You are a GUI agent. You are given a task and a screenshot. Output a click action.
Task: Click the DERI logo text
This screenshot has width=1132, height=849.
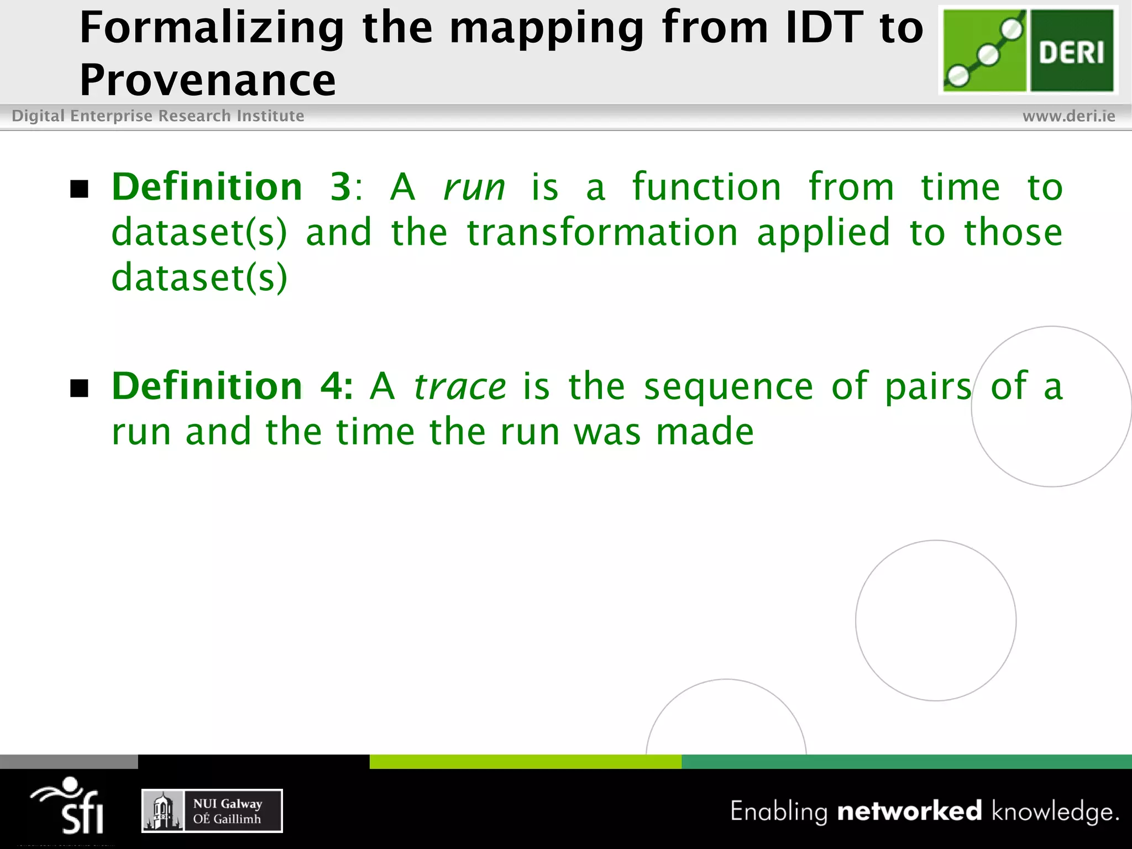coord(1071,53)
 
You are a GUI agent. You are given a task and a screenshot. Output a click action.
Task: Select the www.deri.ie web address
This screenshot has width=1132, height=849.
coord(1068,116)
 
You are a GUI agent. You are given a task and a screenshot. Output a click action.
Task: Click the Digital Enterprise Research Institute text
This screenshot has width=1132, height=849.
coord(158,116)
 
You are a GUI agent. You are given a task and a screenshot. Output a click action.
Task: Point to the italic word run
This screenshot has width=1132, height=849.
coord(474,187)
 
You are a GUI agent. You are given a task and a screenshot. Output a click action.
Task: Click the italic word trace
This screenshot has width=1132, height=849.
coord(459,386)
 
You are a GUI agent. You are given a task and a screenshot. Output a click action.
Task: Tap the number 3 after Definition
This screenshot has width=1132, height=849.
coord(340,187)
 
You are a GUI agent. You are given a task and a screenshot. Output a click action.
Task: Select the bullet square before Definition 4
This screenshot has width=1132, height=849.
coord(80,389)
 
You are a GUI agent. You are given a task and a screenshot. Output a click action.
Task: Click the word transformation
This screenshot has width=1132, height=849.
coord(602,232)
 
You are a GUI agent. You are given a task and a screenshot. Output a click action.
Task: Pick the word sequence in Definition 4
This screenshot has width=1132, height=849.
coord(728,386)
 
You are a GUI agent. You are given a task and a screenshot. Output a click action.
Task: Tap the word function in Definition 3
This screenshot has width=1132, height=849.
coord(706,187)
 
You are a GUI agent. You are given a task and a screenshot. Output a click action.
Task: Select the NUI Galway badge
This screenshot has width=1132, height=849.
coord(212,811)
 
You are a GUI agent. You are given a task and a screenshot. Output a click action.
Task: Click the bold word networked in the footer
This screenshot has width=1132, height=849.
coord(909,811)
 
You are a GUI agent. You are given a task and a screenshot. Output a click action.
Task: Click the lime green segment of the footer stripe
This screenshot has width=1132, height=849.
coord(525,762)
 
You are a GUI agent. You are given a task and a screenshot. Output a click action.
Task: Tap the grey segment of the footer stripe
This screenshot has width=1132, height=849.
coord(69,762)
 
